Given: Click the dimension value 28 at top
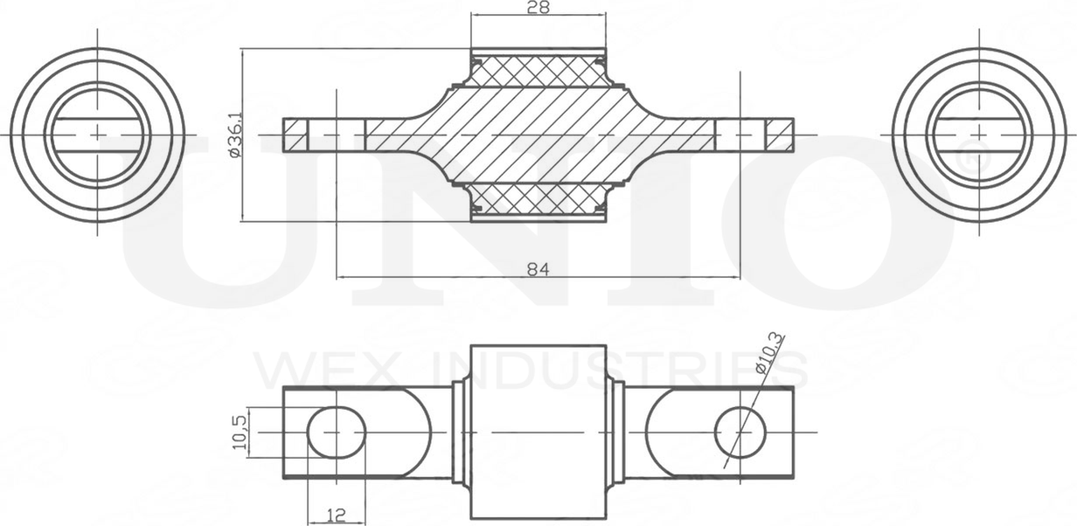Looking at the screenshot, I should point(538,8).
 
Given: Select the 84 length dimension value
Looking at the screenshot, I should point(538,269).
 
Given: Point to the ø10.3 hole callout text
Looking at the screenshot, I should point(770,354).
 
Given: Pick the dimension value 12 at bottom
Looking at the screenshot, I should point(336,516).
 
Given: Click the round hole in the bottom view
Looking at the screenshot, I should point(740,432).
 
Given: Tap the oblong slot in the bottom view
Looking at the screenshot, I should point(337,433).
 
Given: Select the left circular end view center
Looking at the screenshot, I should point(97,135).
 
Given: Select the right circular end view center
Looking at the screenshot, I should point(980,135).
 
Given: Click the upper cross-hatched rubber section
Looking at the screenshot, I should point(538,70).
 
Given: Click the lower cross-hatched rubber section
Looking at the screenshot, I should point(538,199).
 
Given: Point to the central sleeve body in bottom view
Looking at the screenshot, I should point(538,433).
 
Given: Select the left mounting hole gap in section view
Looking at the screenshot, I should point(337,135).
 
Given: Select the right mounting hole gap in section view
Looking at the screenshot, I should point(740,135).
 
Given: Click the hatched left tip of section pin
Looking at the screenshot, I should point(296,135).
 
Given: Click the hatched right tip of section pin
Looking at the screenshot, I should point(780,135).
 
